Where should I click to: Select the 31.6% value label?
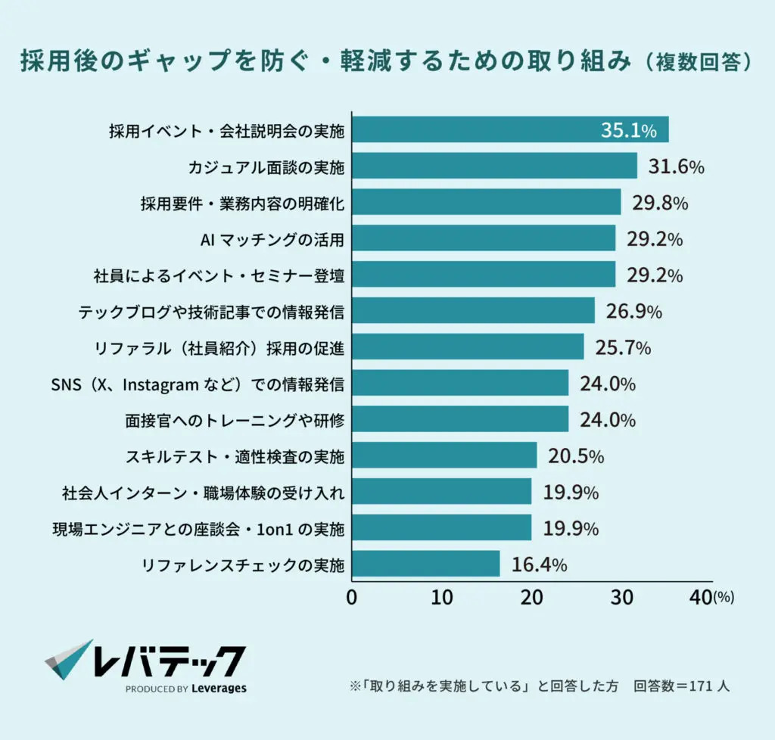tap(676, 166)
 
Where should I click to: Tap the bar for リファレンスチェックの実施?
tap(425, 564)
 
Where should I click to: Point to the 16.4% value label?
tap(539, 564)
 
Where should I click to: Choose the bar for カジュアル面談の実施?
tap(494, 166)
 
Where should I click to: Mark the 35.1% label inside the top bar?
tap(628, 130)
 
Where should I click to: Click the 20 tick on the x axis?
tap(532, 597)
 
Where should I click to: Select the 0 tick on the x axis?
tap(352, 597)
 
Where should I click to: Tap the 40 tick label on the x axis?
tap(702, 597)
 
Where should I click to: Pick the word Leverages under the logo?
tap(219, 689)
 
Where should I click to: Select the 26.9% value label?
tap(634, 311)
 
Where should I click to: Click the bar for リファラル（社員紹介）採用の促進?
tap(468, 347)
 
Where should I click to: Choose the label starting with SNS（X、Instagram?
tap(198, 384)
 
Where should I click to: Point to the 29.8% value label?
tap(658, 203)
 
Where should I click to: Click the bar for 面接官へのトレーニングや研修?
tap(460, 419)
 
